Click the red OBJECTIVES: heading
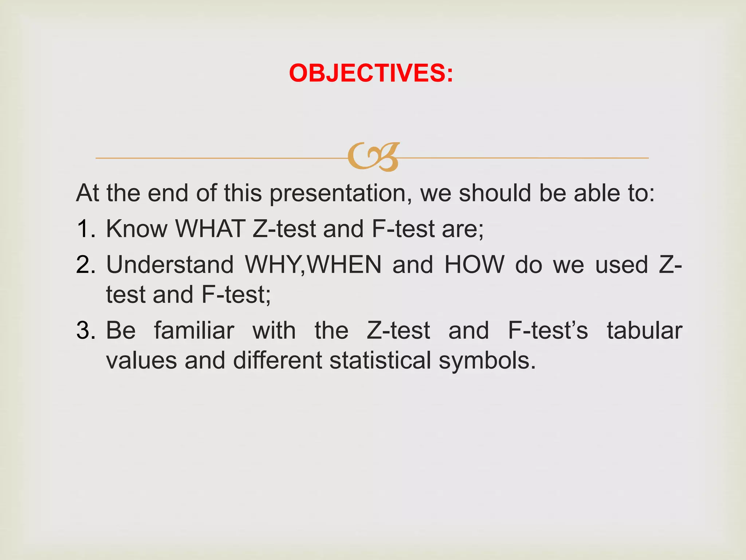pos(371,73)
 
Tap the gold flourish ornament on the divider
pos(373,157)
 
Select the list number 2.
pos(86,265)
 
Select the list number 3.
pos(86,331)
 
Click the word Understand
pos(170,265)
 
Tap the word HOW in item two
pos(475,265)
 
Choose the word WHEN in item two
pos(345,265)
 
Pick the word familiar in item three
pos(194,331)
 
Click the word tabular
pos(644,331)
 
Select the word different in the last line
pos(278,361)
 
